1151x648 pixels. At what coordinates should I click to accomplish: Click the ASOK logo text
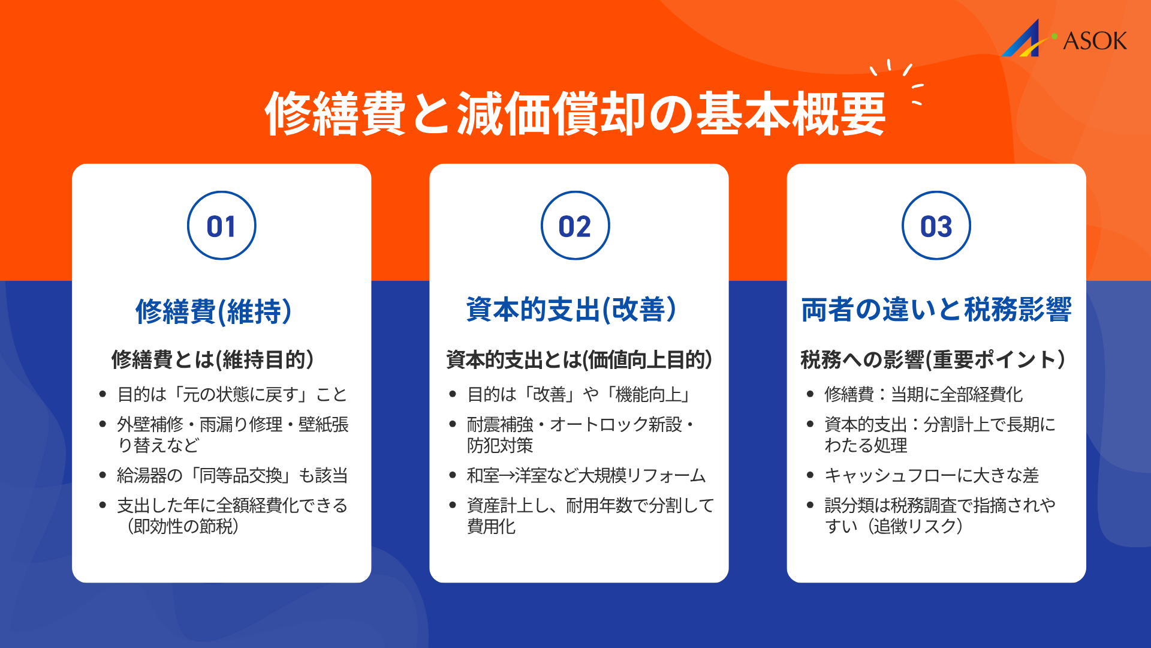1095,41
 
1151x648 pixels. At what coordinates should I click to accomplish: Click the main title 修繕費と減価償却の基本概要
575,114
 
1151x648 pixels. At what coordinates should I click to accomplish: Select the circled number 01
221,226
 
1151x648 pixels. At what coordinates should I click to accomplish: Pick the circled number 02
575,226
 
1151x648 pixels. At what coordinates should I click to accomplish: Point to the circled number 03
936,226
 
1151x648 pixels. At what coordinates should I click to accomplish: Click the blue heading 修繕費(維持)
213,311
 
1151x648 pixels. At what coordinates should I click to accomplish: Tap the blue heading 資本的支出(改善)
571,310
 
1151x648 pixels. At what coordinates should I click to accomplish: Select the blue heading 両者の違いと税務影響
936,310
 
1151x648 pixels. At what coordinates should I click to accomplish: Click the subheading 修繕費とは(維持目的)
213,359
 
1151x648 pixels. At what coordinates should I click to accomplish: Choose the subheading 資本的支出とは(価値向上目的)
579,359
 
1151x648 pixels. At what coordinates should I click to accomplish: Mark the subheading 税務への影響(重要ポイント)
933,359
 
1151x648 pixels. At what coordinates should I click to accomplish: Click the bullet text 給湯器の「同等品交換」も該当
233,475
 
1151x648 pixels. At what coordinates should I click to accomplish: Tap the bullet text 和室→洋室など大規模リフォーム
586,475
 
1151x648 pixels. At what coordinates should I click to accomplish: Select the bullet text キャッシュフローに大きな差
932,475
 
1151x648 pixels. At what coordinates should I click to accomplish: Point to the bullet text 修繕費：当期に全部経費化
923,394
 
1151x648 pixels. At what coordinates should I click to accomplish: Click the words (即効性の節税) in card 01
183,526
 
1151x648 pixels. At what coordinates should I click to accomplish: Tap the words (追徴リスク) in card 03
917,526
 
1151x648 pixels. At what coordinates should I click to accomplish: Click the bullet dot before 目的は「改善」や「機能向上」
453,394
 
